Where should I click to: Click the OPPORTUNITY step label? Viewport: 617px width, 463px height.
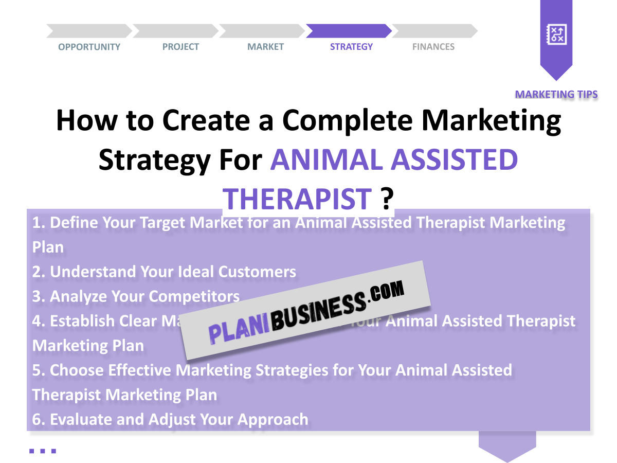click(89, 47)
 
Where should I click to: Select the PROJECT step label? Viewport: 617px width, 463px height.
click(180, 47)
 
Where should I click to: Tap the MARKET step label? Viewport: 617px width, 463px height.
click(265, 47)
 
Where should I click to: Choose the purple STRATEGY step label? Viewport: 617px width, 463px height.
click(351, 47)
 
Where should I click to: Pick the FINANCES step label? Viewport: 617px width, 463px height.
click(433, 47)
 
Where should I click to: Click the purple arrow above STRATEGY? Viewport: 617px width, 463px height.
click(349, 31)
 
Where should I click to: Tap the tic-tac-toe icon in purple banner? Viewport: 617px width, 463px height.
click(556, 35)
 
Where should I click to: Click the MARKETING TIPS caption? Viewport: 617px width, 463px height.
click(556, 94)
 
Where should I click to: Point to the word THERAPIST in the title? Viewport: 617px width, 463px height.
click(298, 199)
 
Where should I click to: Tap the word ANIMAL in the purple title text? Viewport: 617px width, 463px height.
click(326, 160)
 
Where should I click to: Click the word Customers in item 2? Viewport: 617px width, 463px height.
click(257, 272)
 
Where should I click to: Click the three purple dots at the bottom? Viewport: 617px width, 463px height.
click(42, 451)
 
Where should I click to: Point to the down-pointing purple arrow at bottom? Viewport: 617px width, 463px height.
click(507, 447)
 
